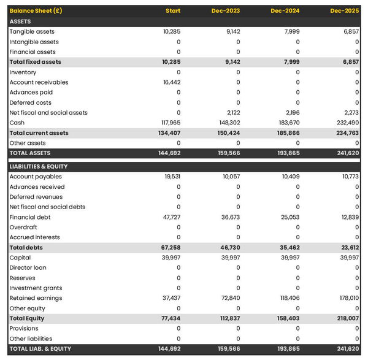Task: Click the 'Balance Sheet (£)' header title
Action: pos(36,11)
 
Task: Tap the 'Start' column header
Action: pos(172,11)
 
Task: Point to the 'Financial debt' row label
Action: pos(30,217)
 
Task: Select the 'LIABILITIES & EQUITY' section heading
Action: pos(39,166)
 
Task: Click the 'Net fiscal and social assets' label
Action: pos(48,113)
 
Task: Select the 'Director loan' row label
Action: pos(28,267)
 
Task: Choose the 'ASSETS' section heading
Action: pos(20,21)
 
